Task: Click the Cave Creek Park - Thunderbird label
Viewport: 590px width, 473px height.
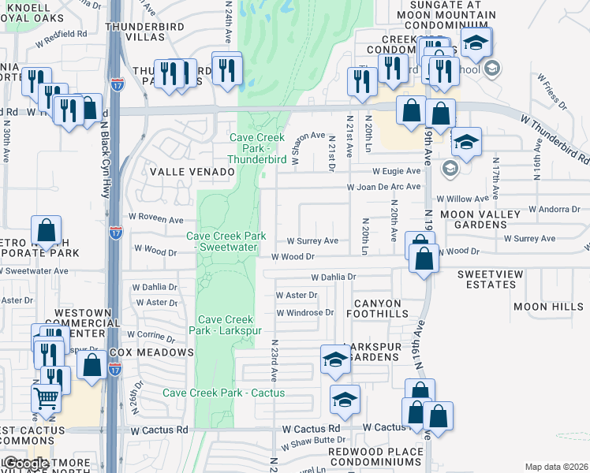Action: point(257,147)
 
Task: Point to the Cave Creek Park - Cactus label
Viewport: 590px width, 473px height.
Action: point(223,393)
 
